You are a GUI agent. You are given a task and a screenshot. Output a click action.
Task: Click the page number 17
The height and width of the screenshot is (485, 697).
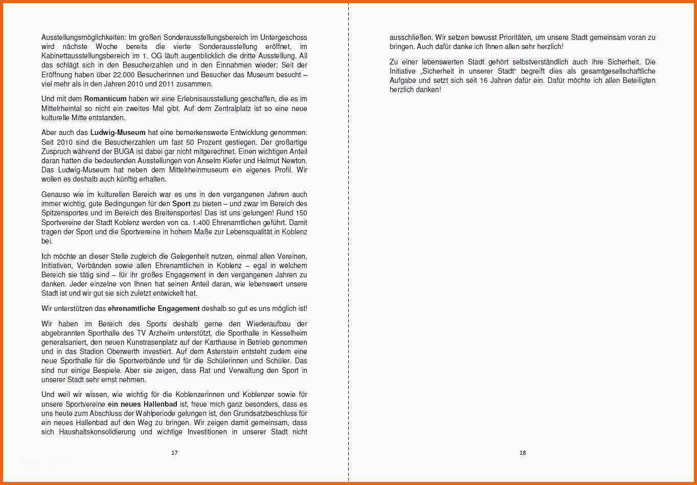(x=174, y=453)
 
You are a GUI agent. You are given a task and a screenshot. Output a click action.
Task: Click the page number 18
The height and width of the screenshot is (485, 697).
(x=522, y=453)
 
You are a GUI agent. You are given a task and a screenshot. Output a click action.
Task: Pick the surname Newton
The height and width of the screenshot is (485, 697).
(x=294, y=161)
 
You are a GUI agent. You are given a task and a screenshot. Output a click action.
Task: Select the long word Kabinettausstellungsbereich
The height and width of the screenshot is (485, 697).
(x=85, y=56)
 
